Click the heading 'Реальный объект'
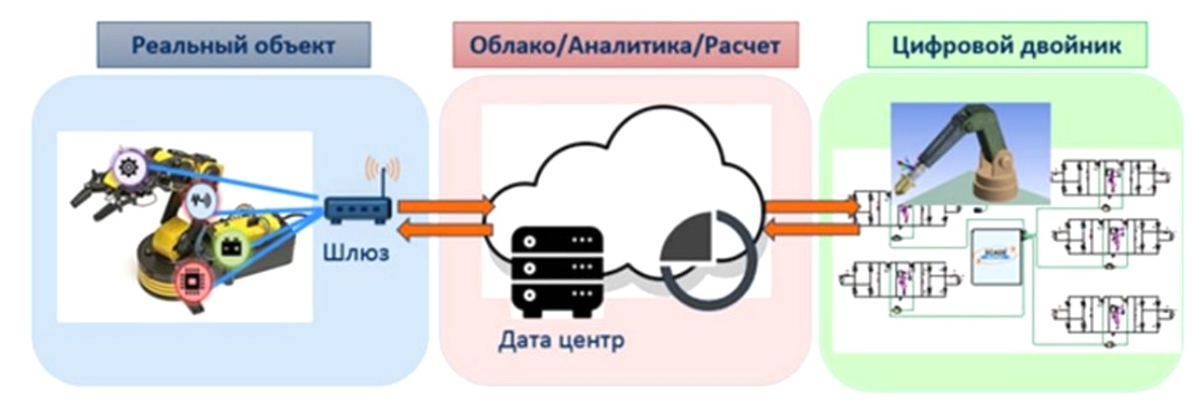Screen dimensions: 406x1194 (233, 45)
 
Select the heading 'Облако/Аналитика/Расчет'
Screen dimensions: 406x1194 (625, 45)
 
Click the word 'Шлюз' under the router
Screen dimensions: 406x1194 (356, 252)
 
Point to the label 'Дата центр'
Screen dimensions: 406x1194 (561, 341)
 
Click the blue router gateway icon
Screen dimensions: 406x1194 (357, 208)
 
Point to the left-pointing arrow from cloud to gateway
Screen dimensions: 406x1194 (445, 229)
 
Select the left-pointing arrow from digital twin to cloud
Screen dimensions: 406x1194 (810, 228)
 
